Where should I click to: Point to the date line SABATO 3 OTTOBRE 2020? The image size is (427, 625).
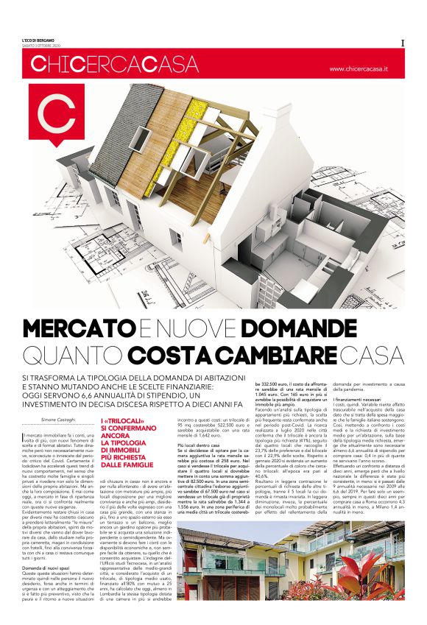(x=38, y=45)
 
